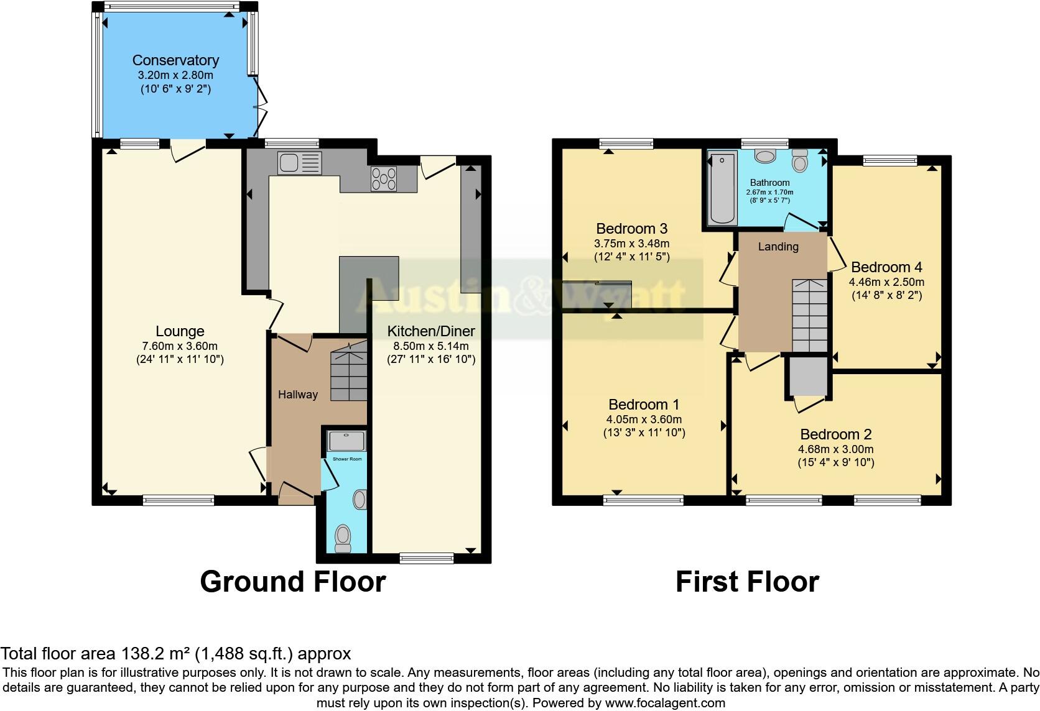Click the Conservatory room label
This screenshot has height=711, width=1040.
click(x=175, y=60)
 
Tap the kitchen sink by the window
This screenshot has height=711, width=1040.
click(x=300, y=163)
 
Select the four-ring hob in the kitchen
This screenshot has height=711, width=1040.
click(x=384, y=179)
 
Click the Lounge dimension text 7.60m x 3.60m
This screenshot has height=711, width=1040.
click(x=180, y=346)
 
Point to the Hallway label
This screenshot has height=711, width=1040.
click(x=297, y=395)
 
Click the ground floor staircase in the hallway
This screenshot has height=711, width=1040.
click(x=348, y=375)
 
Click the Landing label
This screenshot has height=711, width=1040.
click(x=778, y=247)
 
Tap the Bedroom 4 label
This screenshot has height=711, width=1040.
click(x=886, y=267)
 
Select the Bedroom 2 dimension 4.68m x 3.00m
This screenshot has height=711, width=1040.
click(x=836, y=449)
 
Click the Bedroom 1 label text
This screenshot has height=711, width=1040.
click(x=644, y=405)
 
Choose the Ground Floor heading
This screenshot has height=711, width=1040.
click(x=293, y=582)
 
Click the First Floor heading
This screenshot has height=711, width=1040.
click(x=747, y=582)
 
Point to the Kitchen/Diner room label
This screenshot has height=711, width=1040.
click(x=431, y=331)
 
